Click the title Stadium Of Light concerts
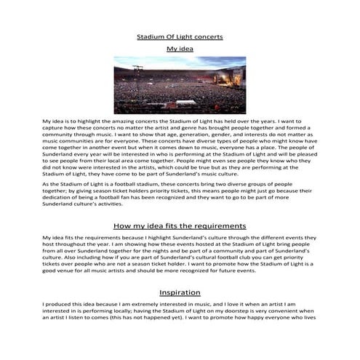click(x=180, y=36)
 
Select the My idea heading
click(x=180, y=49)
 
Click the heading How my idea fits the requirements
click(x=180, y=226)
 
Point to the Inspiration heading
click(x=180, y=292)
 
